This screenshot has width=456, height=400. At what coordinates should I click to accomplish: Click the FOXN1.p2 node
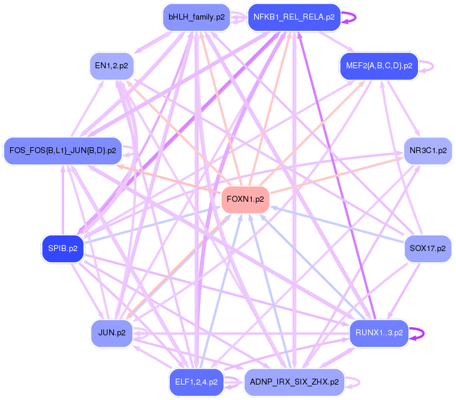(245, 199)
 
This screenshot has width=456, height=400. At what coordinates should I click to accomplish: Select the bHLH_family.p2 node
(196, 17)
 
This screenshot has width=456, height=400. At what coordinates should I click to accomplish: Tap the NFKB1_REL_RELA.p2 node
(294, 17)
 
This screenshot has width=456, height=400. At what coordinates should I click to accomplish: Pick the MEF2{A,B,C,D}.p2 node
(379, 65)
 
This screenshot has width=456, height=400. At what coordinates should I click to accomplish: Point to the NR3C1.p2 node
(427, 150)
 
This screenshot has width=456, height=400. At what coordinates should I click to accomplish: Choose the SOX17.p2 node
(427, 248)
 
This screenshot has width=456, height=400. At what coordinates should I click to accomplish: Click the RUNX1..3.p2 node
(379, 333)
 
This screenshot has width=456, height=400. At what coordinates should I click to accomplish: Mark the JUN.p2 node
(112, 333)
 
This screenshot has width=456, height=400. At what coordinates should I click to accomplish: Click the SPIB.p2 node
(62, 248)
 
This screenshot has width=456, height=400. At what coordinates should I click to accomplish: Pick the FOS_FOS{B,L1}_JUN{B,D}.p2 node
(62, 150)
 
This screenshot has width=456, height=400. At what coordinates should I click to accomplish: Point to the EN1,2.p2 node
(112, 65)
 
